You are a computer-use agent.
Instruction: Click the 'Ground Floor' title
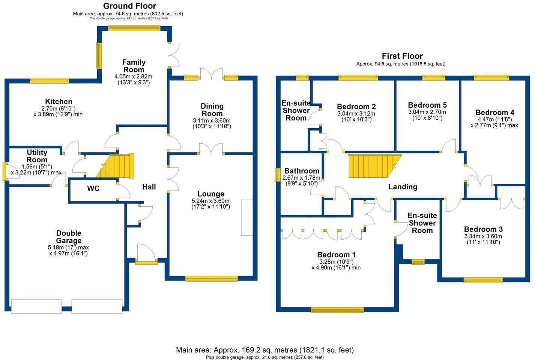tap(129, 6)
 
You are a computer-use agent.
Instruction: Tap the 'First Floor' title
tap(402, 56)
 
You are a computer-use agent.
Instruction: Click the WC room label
tap(93, 189)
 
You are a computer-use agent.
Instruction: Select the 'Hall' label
tap(149, 187)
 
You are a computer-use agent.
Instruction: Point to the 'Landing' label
tap(403, 187)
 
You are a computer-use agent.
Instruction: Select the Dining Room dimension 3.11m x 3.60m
tap(212, 120)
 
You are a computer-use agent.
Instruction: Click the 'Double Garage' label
tap(69, 237)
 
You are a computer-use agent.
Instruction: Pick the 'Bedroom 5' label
tap(427, 105)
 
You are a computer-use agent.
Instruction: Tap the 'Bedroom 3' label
tap(483, 229)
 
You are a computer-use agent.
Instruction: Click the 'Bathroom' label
tap(302, 171)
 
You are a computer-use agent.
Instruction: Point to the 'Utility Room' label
tap(37, 156)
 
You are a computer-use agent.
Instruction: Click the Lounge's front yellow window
tap(211, 279)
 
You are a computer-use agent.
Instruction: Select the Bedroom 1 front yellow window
tap(337, 310)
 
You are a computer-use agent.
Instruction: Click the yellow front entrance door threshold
tap(146, 262)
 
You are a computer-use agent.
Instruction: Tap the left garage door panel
tap(36, 306)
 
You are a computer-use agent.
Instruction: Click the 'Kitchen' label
tap(59, 102)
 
